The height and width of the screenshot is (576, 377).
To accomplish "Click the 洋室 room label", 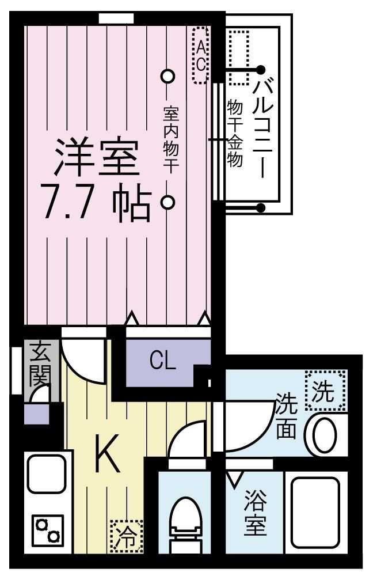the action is (97, 157).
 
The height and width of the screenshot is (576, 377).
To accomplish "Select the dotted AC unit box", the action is (201, 55).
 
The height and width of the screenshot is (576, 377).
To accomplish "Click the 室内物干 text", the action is (171, 139).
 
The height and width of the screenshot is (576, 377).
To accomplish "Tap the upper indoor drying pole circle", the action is (167, 76).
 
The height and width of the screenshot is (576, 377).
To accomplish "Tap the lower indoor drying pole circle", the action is (167, 202).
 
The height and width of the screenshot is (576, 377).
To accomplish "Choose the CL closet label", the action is (163, 362).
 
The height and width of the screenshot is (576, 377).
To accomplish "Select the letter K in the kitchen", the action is (107, 453).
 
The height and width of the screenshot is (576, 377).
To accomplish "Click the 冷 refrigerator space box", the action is (127, 536).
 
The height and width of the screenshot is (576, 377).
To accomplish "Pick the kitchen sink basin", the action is (47, 473).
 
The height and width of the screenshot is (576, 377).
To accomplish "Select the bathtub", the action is (315, 513).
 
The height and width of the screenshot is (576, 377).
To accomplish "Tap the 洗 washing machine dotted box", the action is (325, 390).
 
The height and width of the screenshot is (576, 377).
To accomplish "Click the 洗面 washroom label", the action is (286, 416).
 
